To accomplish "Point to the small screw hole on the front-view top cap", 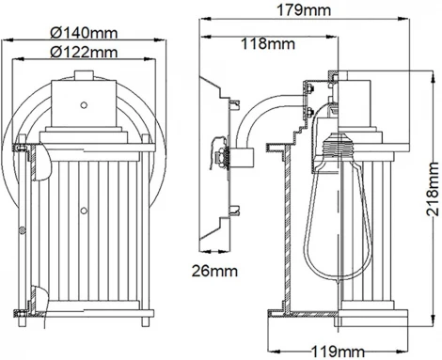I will (82, 104).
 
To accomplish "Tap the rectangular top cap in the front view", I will (82, 103).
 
